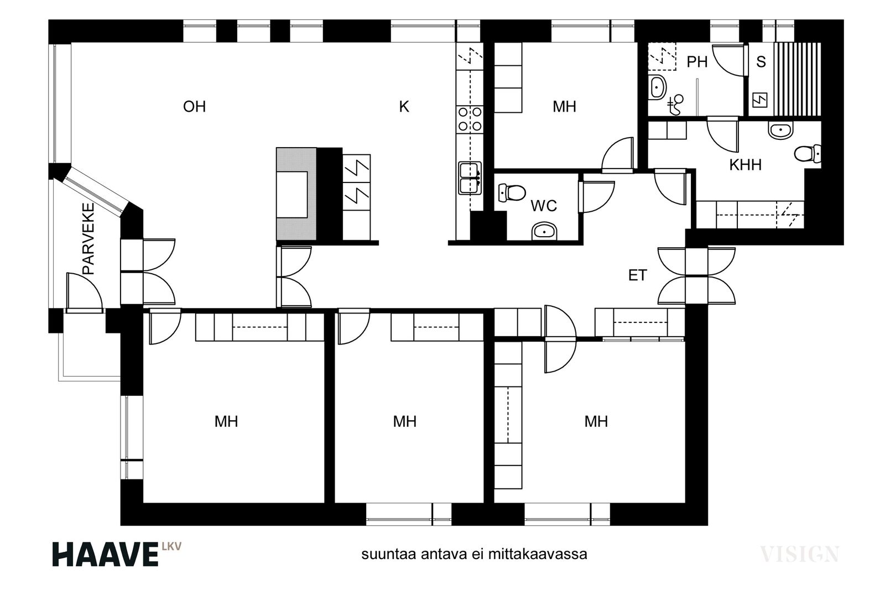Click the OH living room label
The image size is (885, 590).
pos(194,107)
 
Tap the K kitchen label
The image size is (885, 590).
pos(404,107)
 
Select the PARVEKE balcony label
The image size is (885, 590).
pos(88,239)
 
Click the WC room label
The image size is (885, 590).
pos(544,206)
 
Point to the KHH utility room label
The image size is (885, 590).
pos(746,165)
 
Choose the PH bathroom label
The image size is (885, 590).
pos(697,62)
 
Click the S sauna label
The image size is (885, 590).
pos(761,62)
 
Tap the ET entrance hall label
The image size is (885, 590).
pos(637,275)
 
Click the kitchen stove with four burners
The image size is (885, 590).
pos(470,119)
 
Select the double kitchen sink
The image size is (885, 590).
pos(470,178)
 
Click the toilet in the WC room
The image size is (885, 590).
pos(512,193)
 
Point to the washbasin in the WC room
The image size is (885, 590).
pos(544,232)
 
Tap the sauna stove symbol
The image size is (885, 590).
pos(760,100)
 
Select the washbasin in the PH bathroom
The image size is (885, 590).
pos(657,87)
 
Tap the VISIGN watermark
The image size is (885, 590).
pos(799,555)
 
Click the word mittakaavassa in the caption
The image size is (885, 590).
pos(538,555)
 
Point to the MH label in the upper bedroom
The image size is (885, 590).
pos(564,107)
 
